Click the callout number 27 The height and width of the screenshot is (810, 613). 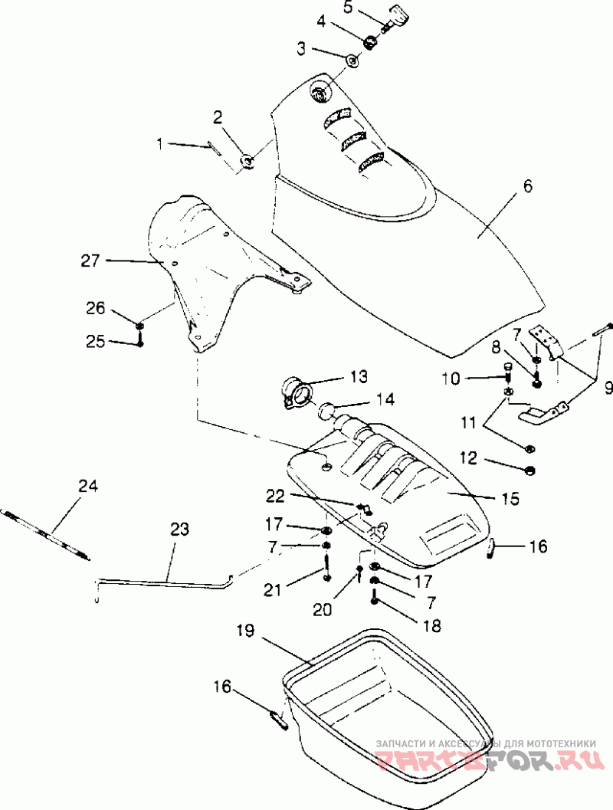pyautogui.click(x=90, y=261)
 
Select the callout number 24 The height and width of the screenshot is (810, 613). pyautogui.click(x=88, y=487)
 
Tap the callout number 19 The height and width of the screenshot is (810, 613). pyautogui.click(x=246, y=631)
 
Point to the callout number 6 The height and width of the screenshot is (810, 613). pyautogui.click(x=526, y=186)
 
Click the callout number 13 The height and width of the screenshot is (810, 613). pyautogui.click(x=359, y=376)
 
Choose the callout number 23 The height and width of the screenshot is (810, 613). pyautogui.click(x=179, y=530)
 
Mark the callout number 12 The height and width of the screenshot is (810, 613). pyautogui.click(x=468, y=458)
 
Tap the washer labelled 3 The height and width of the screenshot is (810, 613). pyautogui.click(x=353, y=61)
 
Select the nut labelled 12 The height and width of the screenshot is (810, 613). pyautogui.click(x=529, y=471)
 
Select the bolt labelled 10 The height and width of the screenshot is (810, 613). pyautogui.click(x=506, y=371)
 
